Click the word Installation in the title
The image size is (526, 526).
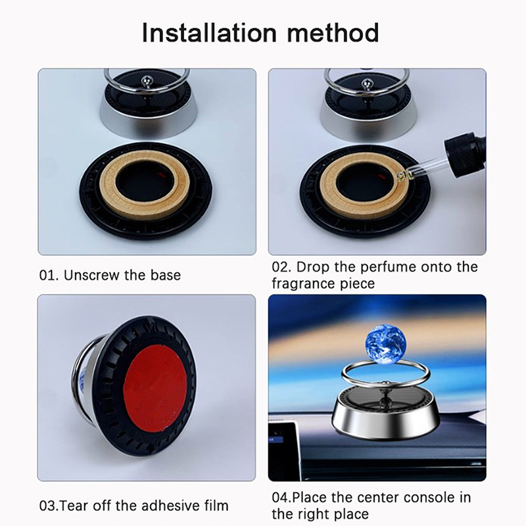209,33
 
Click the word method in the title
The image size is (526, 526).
333,33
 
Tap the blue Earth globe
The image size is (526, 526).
385,343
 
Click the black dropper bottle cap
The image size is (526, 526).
465,151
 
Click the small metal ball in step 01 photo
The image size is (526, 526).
147,80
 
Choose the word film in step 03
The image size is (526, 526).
216,505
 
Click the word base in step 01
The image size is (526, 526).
166,275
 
